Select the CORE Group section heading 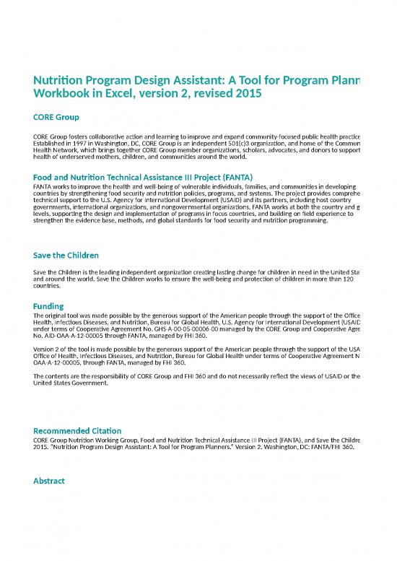click(x=56, y=116)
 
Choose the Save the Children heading click(x=66, y=256)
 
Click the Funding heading click(x=49, y=306)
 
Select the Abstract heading click(x=50, y=481)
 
